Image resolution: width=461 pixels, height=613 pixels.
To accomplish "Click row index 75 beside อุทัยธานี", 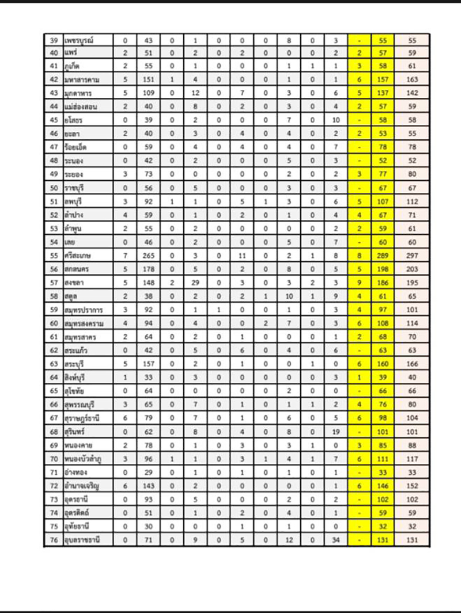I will point(54,526).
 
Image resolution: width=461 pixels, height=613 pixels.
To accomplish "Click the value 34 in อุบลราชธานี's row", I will point(336,539).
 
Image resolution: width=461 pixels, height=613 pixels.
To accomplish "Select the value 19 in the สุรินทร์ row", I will point(336,432).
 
